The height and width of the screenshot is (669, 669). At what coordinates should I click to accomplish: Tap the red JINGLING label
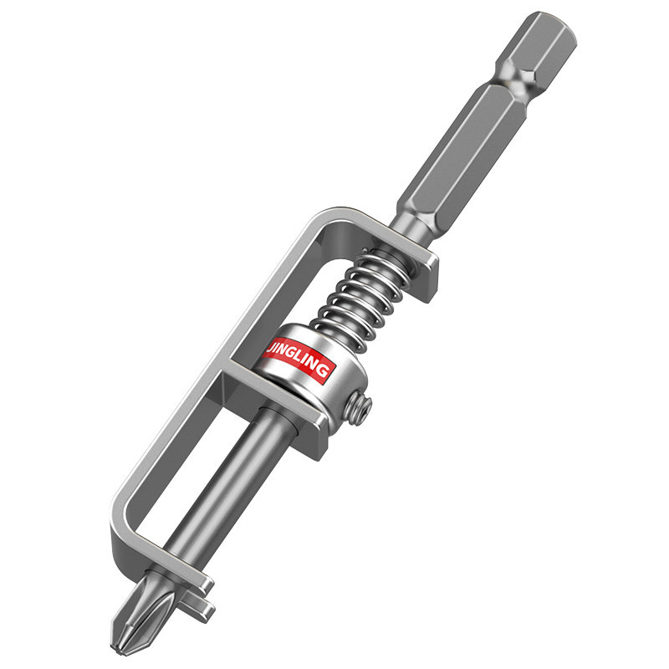298,360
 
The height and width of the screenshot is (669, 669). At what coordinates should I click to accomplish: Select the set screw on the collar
358,409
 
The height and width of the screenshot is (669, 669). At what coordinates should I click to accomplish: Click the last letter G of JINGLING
324,371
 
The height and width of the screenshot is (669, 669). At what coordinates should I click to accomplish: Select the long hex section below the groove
461,157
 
